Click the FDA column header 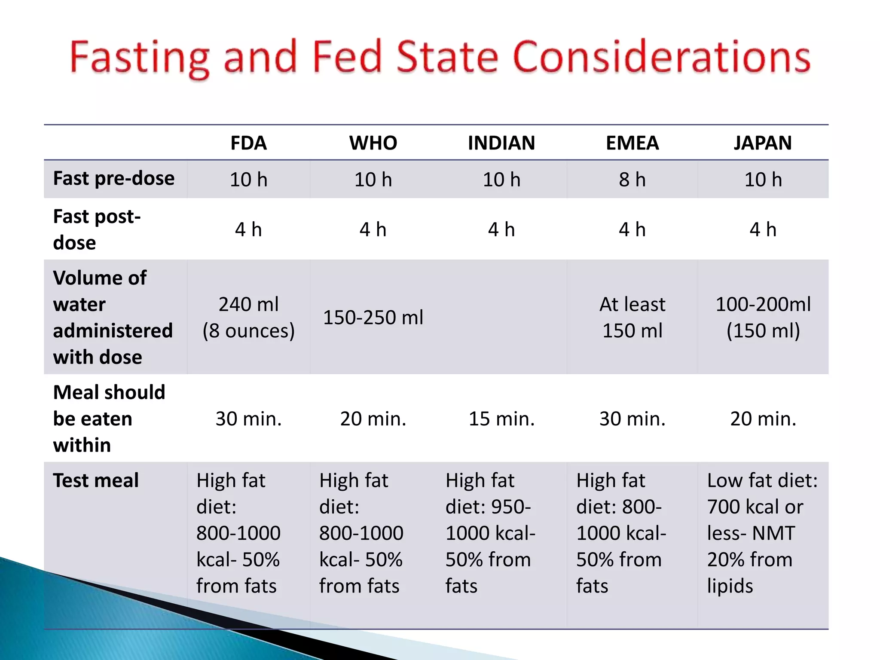pos(248,143)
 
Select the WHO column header pos(373,143)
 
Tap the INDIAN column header pos(501,143)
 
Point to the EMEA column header pos(632,143)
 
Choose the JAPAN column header pos(763,143)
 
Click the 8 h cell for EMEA pos(632,180)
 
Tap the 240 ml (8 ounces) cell pos(248,318)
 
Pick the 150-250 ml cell pos(373,318)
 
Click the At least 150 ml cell pos(632,318)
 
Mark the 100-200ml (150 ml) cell pos(763,318)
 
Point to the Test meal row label pos(96,480)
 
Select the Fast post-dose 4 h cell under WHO pos(373,230)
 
